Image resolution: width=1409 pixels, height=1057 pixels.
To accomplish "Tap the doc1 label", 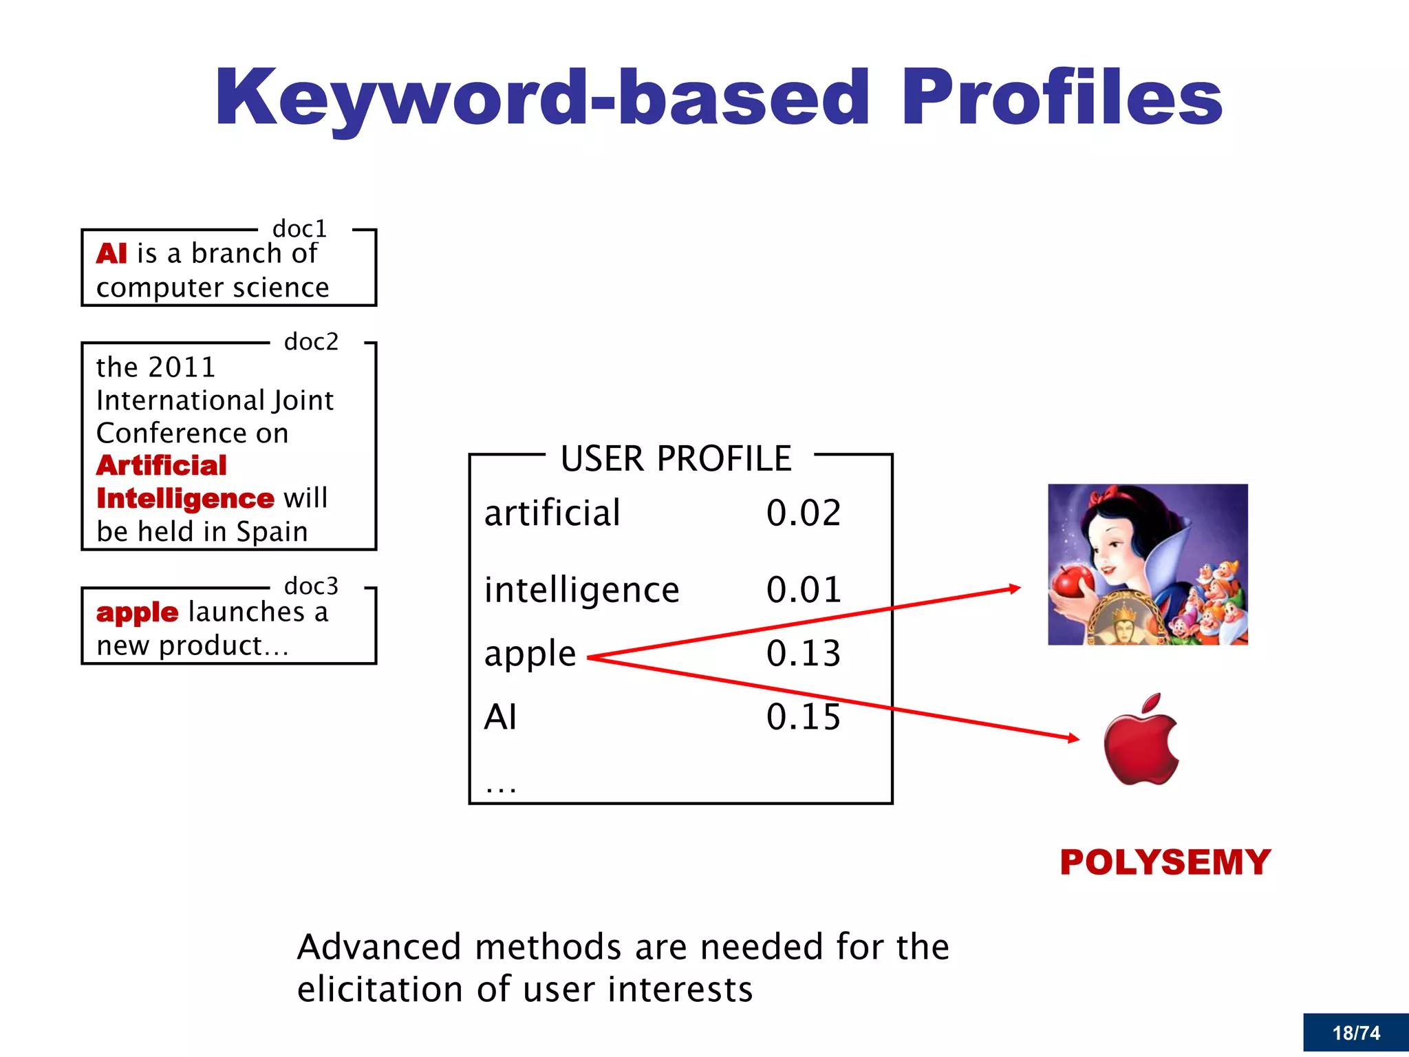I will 299,228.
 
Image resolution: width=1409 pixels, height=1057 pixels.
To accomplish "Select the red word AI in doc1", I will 111,254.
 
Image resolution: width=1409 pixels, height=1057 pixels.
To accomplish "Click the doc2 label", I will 311,341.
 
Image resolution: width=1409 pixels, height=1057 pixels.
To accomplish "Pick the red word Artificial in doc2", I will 162,466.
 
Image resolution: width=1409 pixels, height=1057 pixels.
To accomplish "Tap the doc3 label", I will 311,586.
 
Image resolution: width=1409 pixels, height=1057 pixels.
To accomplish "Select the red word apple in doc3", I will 138,612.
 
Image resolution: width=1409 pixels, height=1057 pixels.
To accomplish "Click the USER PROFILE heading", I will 676,458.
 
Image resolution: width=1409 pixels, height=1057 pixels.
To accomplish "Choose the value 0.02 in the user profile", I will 804,513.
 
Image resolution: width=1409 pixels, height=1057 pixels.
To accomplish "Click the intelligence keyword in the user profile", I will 581,590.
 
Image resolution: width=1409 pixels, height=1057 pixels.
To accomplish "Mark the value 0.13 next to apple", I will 804,654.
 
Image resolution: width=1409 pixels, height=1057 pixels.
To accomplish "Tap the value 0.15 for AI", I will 804,717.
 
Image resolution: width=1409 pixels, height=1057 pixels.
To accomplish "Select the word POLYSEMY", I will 1165,862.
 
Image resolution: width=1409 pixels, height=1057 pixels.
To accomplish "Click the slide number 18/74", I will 1356,1033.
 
